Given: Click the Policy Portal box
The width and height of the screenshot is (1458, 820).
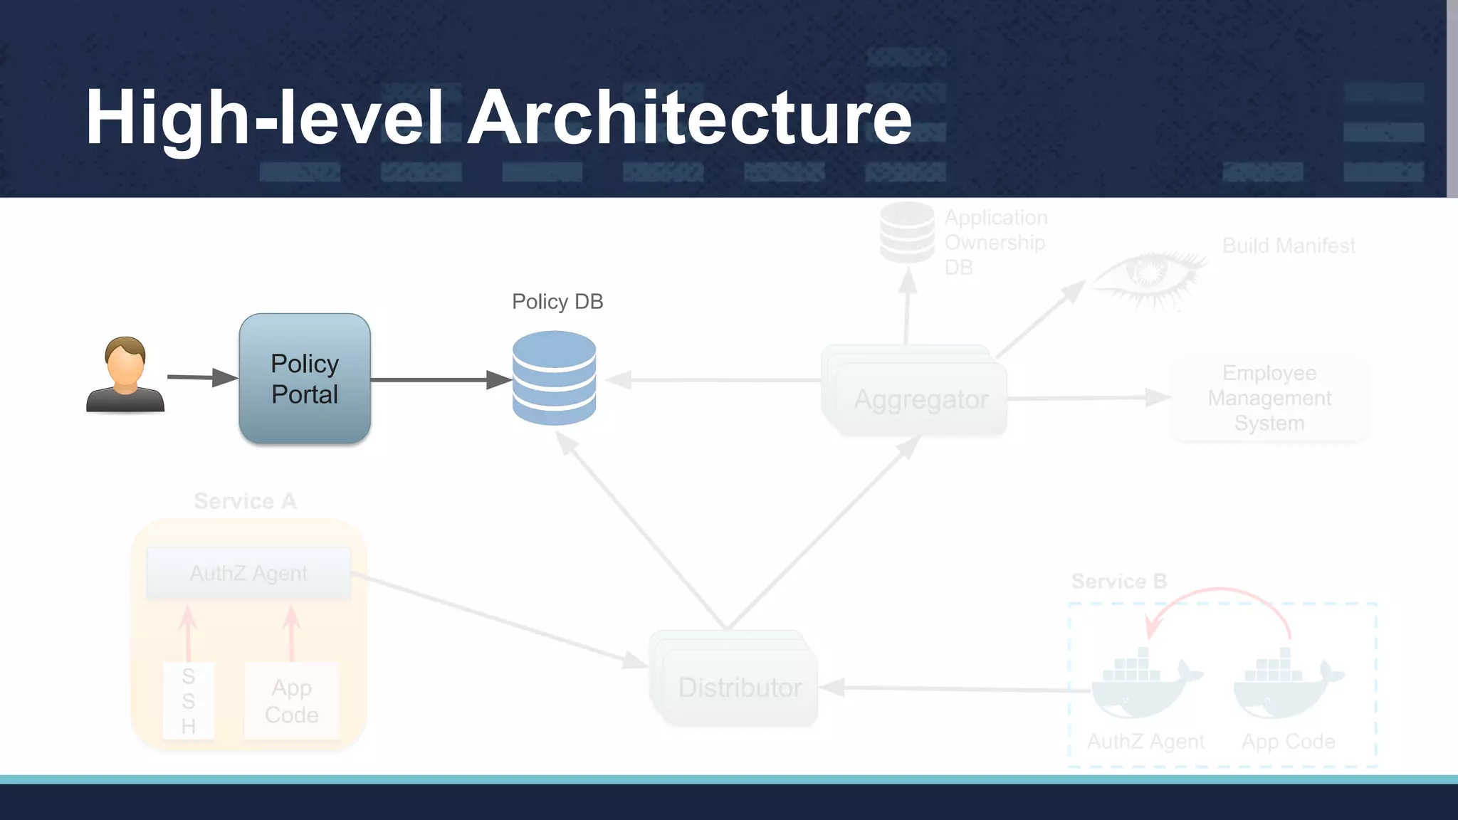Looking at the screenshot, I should (305, 379).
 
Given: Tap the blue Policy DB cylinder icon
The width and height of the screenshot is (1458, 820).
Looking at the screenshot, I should (554, 378).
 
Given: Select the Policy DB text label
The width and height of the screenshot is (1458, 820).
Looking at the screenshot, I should (557, 302).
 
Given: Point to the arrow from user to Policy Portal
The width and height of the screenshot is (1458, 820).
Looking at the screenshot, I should (201, 377).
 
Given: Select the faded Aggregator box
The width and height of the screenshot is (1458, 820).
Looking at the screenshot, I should (921, 399).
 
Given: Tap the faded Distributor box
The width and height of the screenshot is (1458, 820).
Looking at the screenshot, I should (739, 686).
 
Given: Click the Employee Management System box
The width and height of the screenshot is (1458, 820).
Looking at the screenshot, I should (1269, 398).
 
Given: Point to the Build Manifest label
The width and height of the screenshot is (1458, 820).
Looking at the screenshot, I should (1288, 246).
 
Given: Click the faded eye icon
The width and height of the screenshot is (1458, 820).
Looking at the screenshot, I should (1148, 278).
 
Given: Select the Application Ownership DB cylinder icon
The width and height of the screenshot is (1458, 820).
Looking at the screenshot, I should (906, 232).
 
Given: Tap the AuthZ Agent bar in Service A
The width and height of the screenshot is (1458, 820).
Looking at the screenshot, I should (248, 573).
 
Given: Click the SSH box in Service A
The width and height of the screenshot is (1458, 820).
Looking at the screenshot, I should (188, 700).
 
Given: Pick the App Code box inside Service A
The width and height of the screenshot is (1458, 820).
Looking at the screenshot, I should (292, 700).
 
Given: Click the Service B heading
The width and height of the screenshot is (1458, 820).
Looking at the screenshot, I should (1118, 581).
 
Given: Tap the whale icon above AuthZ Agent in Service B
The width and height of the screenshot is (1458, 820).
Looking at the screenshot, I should (1143, 683).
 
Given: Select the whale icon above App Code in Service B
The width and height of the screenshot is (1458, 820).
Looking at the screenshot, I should (1286, 683).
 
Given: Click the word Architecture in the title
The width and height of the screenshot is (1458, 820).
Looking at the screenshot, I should (689, 117).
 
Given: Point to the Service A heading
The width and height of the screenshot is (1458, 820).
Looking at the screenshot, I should (245, 501).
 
